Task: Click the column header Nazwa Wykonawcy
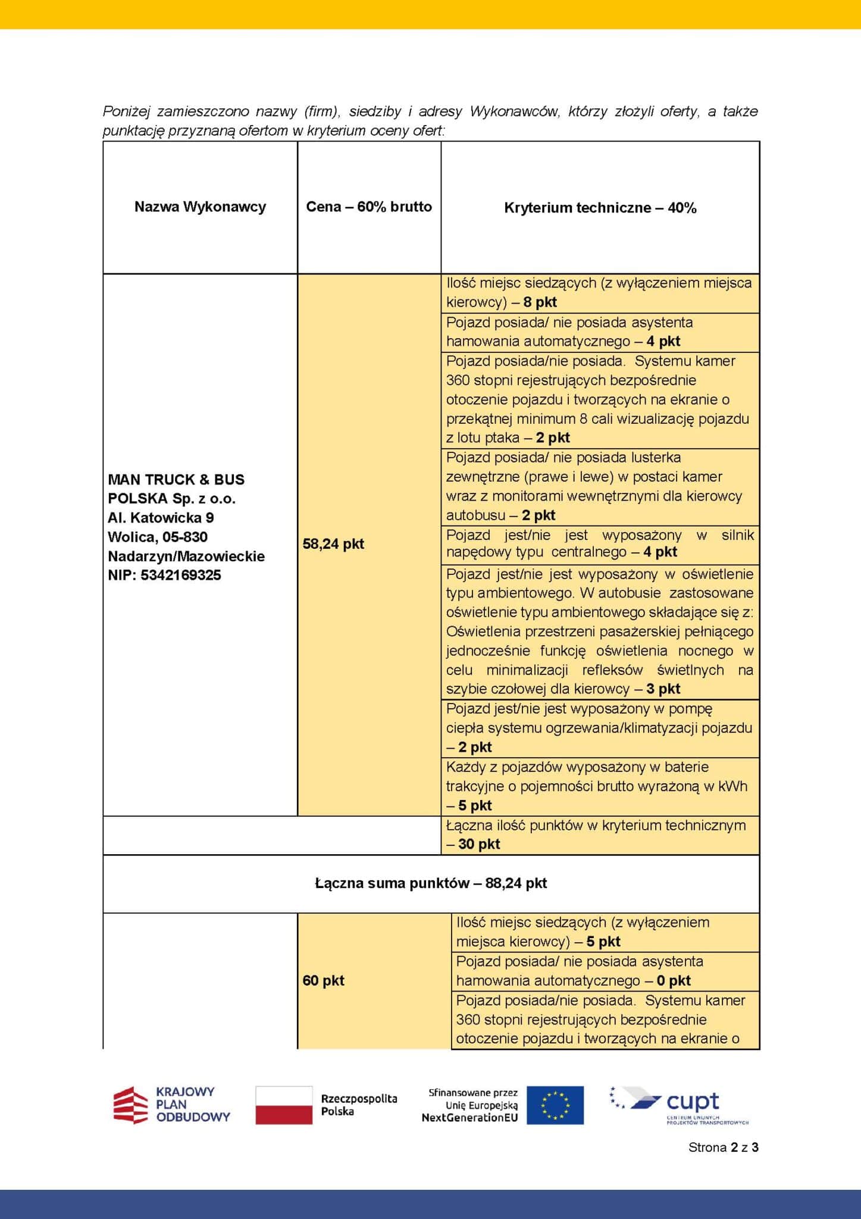point(200,207)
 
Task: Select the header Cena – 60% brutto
point(369,207)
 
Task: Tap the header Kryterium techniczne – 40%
point(600,208)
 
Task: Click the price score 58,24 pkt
point(333,544)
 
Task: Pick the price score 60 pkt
point(323,980)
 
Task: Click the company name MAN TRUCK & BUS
point(176,480)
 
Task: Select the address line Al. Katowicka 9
point(161,518)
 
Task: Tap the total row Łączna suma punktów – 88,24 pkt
point(431,883)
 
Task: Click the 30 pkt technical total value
point(479,844)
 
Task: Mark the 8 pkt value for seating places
point(540,302)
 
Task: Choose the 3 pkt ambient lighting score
point(663,689)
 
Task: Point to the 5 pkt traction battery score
point(475,806)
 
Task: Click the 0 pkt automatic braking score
point(674,980)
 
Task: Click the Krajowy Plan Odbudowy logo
point(171,1105)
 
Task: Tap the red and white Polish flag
point(284,1105)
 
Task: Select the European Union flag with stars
point(555,1105)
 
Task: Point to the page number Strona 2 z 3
point(723,1148)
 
